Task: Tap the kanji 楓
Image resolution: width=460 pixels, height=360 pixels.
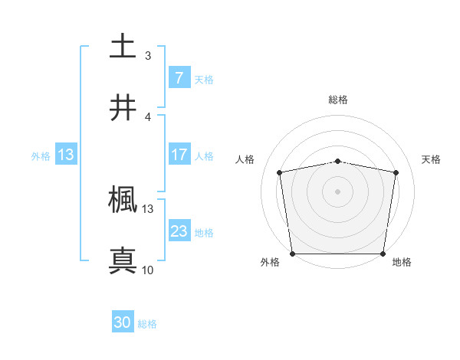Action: tap(123, 201)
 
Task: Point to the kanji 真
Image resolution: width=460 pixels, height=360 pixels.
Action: tap(123, 261)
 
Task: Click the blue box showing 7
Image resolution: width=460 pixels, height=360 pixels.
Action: tap(179, 78)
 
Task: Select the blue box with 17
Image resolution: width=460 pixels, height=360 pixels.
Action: tap(179, 155)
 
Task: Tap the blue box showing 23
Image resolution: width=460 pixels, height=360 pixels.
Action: tap(179, 231)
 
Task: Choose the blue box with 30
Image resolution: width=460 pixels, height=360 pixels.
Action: tap(123, 323)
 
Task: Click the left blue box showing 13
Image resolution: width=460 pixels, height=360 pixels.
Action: tap(66, 155)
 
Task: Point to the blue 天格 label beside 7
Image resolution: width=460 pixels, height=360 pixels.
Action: tap(204, 79)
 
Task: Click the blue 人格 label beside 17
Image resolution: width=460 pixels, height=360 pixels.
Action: tap(204, 155)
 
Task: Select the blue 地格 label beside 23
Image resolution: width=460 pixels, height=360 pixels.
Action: tap(204, 232)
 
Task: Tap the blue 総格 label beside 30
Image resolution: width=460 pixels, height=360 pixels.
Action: tap(148, 324)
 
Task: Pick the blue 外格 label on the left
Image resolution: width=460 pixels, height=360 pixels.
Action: tap(41, 155)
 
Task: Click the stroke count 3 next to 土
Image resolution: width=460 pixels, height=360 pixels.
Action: tap(147, 55)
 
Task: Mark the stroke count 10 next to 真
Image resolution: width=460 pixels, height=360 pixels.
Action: tap(147, 270)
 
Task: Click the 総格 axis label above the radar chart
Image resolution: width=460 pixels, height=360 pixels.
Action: tap(338, 100)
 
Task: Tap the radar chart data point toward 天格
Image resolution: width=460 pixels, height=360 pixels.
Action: tap(396, 172)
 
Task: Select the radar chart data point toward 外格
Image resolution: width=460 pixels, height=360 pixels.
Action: tap(292, 254)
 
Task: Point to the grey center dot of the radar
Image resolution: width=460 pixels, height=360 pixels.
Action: tap(338, 191)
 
